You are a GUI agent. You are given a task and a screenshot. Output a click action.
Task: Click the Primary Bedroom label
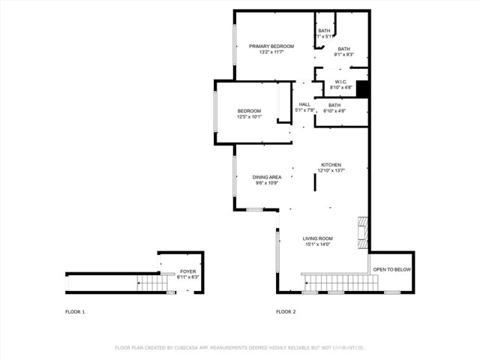tap(271, 46)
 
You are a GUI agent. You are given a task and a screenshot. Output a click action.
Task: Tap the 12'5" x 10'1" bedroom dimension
tap(250, 117)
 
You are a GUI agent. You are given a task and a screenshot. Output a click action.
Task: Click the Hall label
tap(304, 104)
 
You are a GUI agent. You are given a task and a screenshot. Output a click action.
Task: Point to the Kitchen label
tap(331, 164)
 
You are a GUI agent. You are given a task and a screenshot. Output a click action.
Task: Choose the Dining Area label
tap(266, 177)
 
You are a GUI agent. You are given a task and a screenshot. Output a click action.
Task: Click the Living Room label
tap(319, 238)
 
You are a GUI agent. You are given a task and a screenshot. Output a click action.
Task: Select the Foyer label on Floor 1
tap(187, 271)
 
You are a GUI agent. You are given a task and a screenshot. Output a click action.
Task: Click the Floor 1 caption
tap(75, 311)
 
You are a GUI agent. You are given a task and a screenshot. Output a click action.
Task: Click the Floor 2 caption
tap(286, 311)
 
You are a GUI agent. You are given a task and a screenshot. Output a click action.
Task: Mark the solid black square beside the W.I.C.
tap(363, 89)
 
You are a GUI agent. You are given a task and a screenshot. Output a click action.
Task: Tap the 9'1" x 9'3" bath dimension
tap(343, 55)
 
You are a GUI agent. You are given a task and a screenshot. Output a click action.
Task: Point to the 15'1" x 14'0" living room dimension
tap(319, 244)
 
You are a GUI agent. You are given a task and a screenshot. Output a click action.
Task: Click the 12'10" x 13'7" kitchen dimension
tap(331, 170)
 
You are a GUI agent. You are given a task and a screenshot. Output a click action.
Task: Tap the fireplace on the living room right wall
tap(363, 233)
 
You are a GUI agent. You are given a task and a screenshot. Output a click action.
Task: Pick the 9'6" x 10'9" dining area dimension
tap(266, 183)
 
